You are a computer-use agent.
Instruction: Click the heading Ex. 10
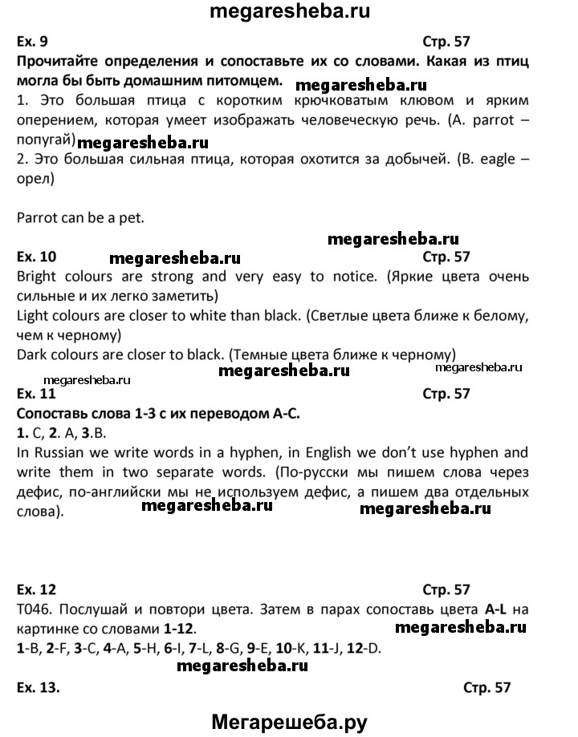point(39,257)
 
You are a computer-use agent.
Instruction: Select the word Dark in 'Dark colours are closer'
point(32,354)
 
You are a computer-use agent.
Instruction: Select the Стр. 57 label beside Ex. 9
point(446,43)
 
